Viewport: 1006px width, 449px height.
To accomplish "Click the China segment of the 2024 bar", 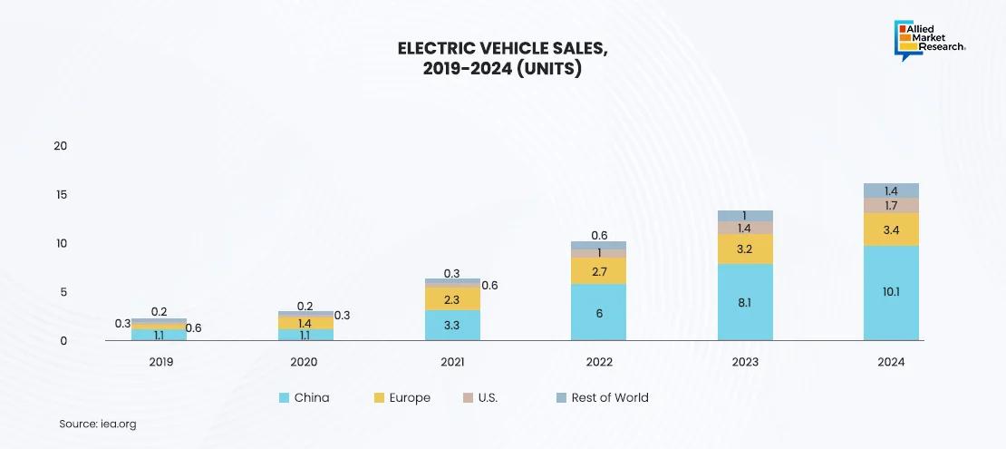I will click(x=891, y=292).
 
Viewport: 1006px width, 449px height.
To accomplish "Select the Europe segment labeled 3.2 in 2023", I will click(x=745, y=249).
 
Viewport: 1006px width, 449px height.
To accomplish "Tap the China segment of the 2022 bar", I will click(x=599, y=312).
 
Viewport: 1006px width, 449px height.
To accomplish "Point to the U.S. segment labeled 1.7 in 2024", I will click(x=891, y=205).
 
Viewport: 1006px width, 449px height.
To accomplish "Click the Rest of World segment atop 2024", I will click(x=891, y=190).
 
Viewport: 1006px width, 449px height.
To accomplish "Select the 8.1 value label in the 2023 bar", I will click(x=745, y=302).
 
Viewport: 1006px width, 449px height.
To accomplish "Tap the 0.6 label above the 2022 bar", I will click(x=599, y=236).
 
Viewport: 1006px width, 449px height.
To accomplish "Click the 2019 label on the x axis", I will click(x=160, y=362).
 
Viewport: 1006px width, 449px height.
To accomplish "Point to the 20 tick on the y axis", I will click(x=61, y=146).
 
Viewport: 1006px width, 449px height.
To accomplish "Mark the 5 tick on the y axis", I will click(x=63, y=292).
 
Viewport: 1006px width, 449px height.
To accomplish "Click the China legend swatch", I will click(x=285, y=397).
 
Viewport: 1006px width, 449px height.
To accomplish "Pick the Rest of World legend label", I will click(x=609, y=397).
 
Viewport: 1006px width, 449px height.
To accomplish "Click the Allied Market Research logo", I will click(x=930, y=39).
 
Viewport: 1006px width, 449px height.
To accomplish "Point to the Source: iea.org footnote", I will click(x=98, y=424).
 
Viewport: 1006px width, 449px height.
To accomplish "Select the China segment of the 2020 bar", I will click(x=305, y=335).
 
